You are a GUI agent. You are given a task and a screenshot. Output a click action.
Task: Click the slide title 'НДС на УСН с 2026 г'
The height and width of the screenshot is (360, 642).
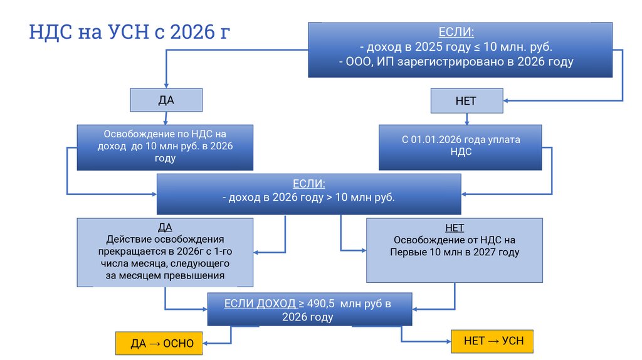(130, 33)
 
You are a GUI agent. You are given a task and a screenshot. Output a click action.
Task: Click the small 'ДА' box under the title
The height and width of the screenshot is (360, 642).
(166, 100)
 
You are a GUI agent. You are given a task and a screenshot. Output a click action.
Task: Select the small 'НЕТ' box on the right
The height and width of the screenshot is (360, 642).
(466, 100)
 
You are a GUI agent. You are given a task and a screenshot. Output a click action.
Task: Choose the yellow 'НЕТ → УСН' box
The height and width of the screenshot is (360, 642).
(493, 341)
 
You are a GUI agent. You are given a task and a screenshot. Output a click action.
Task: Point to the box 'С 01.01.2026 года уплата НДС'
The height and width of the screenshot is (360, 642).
(460, 146)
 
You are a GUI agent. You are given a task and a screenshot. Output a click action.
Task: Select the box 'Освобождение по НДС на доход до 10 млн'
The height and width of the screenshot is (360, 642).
(165, 146)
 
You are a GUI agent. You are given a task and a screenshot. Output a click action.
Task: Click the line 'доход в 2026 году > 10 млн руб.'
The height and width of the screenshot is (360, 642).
(308, 198)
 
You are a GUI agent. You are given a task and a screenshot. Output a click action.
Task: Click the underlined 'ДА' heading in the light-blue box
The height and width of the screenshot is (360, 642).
(165, 227)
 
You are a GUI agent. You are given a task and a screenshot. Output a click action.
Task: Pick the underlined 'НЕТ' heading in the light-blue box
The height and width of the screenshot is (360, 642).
(453, 228)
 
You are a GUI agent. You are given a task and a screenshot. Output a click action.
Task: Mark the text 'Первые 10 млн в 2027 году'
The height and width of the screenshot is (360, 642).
(455, 252)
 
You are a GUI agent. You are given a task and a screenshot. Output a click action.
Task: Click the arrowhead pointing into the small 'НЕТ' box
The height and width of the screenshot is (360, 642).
(507, 100)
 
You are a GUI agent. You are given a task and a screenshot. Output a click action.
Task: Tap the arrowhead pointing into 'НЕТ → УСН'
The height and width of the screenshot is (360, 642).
(447, 341)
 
